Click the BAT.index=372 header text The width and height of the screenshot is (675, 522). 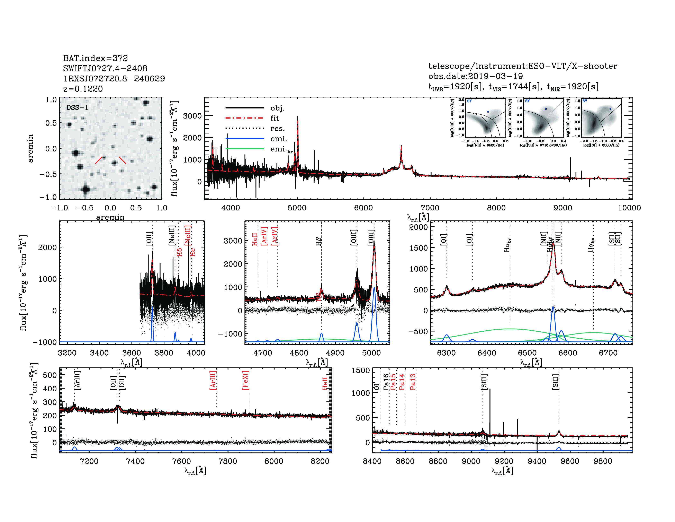[95, 58]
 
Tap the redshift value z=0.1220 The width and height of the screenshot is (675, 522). [83, 89]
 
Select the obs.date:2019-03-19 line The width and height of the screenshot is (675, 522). [475, 76]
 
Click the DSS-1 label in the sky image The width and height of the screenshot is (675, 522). [77, 108]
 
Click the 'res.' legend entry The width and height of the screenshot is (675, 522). [277, 129]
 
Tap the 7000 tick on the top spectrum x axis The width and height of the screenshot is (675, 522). [430, 208]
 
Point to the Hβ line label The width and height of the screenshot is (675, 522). [319, 241]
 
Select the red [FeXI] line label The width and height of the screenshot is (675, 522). [245, 380]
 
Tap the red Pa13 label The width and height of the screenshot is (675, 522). [413, 382]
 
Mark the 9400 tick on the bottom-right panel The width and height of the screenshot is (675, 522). [537, 461]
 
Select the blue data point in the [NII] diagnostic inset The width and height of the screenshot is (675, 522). [488, 112]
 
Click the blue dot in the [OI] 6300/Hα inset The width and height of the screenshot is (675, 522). [610, 109]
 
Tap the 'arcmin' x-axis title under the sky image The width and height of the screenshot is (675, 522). [110, 217]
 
